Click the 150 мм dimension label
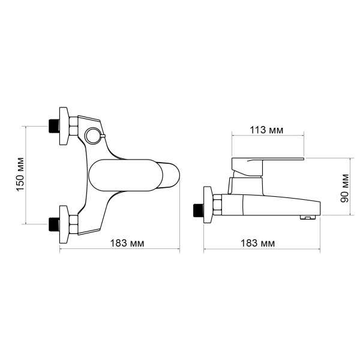pos(20,174)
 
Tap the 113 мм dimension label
pos(266,130)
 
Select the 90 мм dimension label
pos(344,188)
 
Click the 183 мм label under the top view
pos(127,243)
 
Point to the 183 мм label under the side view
pos(257,243)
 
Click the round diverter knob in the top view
pos(93,136)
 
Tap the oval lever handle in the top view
pos(125,175)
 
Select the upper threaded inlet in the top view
pos(54,126)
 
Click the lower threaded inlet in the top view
pos(54,224)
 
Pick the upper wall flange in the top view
pos(64,126)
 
